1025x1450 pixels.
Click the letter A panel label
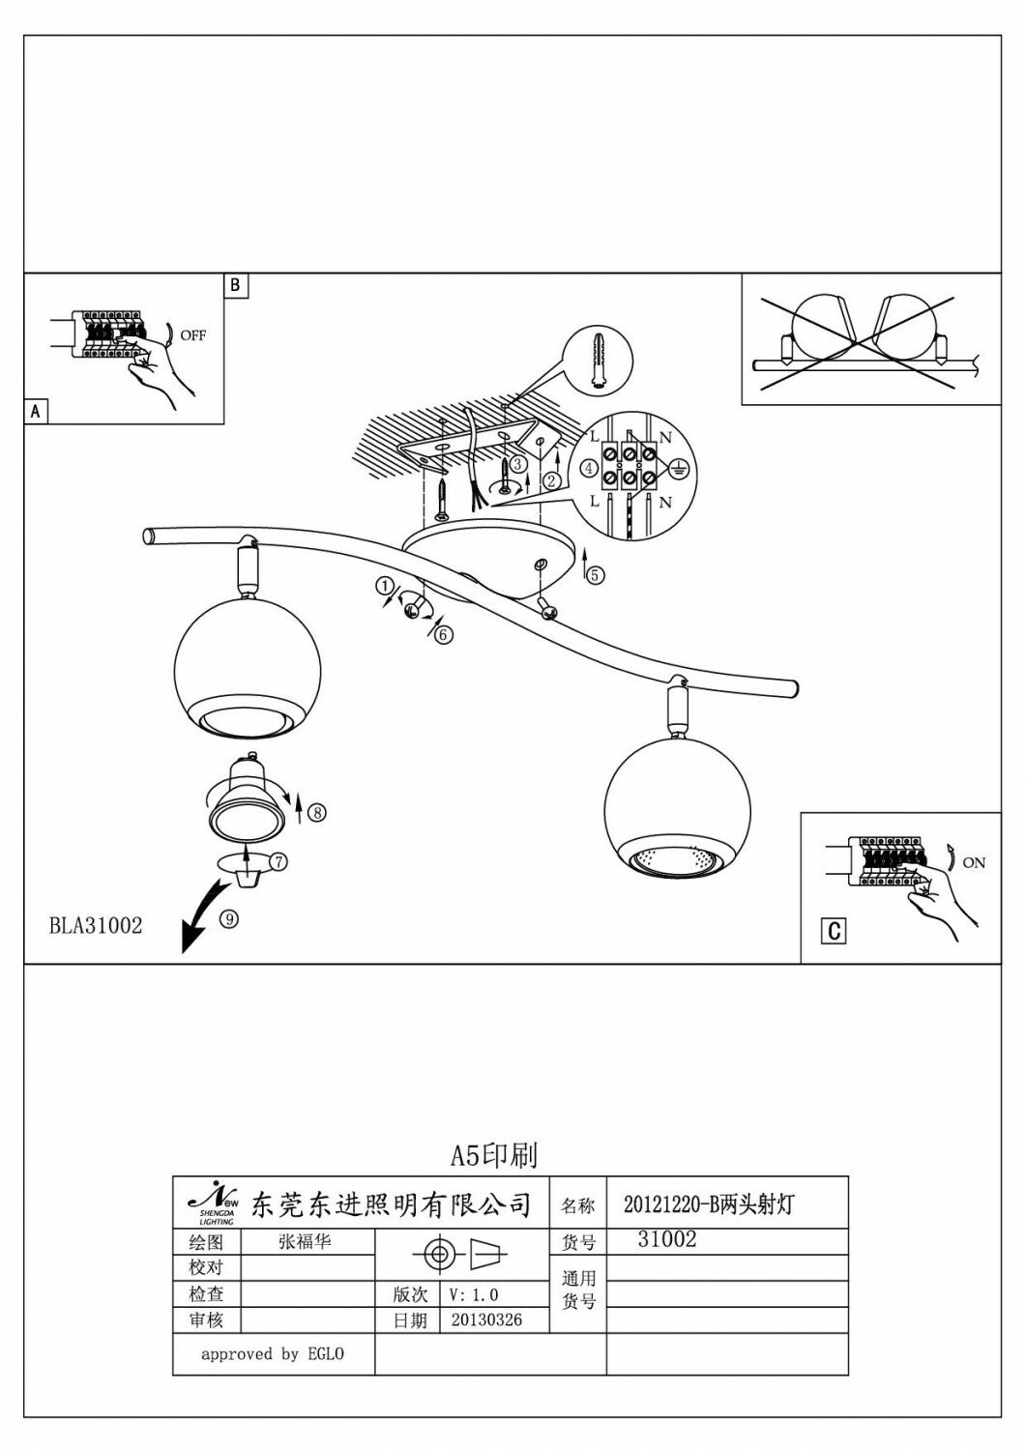(x=36, y=412)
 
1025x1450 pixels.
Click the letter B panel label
(x=237, y=286)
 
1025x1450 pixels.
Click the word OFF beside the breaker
(x=192, y=335)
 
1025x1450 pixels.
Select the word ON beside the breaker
(x=974, y=862)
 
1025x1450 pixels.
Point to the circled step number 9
(x=228, y=920)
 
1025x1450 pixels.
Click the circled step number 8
(x=316, y=813)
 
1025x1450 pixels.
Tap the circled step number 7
(x=278, y=859)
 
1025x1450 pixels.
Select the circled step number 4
(x=588, y=469)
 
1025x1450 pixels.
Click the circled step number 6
(x=443, y=634)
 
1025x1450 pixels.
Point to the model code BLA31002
(x=96, y=926)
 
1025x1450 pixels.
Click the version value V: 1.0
(x=475, y=1294)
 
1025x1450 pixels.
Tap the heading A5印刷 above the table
(x=494, y=1154)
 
